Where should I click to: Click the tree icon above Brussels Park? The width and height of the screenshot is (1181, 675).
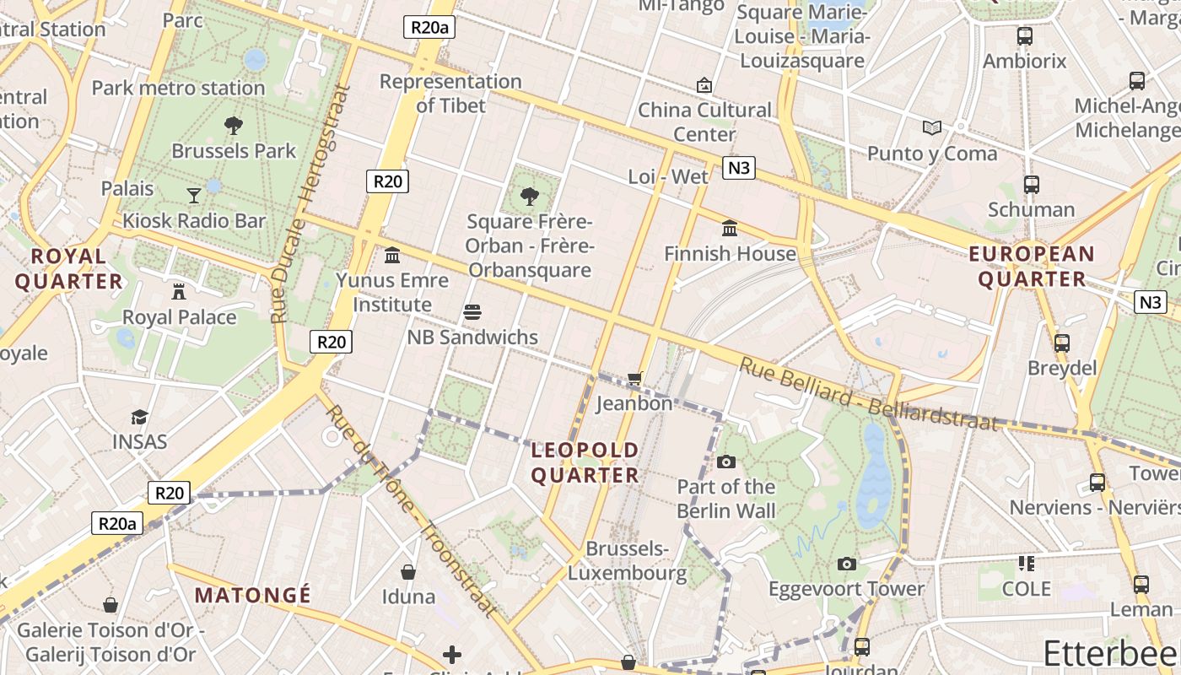tap(234, 127)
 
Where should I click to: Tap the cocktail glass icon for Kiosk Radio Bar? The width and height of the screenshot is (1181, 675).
tap(194, 196)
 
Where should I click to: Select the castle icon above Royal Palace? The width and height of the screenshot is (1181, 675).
tap(179, 292)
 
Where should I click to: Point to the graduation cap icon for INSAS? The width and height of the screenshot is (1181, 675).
tap(139, 417)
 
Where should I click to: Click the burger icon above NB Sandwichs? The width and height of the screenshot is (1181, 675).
tap(472, 312)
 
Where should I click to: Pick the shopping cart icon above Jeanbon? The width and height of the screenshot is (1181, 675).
tap(634, 379)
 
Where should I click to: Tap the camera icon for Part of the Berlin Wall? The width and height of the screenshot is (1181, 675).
tap(725, 462)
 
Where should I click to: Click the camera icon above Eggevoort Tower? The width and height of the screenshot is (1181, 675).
tap(846, 564)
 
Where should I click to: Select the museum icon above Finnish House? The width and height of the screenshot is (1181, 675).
tap(730, 229)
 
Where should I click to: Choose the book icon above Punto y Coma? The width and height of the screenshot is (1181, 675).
tap(931, 128)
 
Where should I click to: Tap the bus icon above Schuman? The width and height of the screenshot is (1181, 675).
tap(1031, 185)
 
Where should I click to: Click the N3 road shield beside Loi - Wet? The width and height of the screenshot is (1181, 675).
tap(738, 168)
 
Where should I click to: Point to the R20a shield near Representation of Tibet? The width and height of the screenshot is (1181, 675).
tap(429, 27)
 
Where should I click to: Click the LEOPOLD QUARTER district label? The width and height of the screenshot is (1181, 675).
tap(585, 462)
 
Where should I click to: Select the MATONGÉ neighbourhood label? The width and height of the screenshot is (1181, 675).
tap(252, 595)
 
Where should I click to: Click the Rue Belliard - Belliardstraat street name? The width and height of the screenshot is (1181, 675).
tap(869, 394)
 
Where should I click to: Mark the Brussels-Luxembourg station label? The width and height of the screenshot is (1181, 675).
tap(627, 561)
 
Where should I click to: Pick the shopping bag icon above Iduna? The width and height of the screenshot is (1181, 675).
tap(408, 572)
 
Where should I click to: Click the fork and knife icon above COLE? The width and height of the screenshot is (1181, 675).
tap(1026, 563)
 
